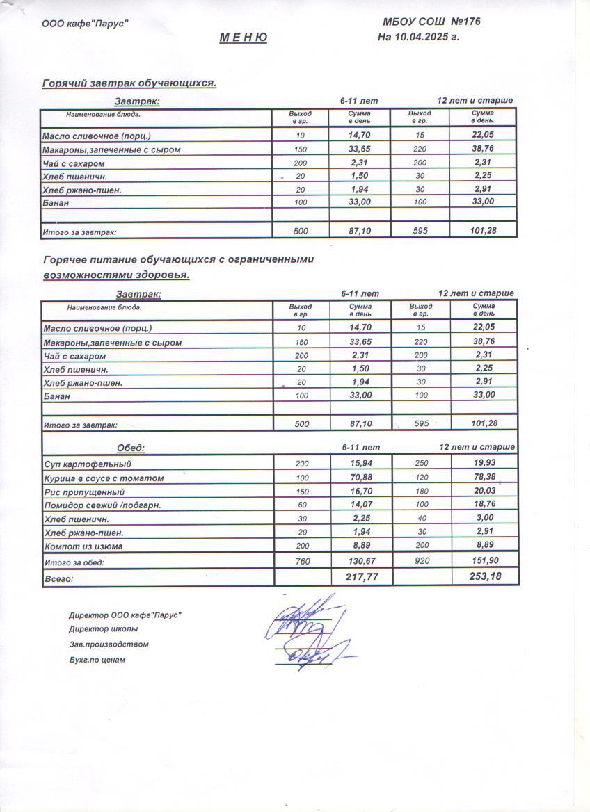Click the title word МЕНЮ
click(244, 38)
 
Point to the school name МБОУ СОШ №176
click(431, 22)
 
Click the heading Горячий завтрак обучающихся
click(130, 83)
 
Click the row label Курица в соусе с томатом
click(104, 478)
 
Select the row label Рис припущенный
click(83, 492)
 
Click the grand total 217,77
click(362, 576)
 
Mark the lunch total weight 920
click(420, 560)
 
